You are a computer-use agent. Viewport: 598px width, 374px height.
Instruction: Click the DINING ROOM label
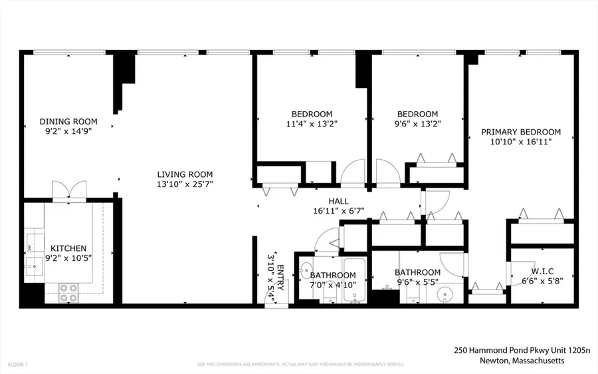(68, 121)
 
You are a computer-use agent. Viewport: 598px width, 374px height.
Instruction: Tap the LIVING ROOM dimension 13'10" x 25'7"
(180, 184)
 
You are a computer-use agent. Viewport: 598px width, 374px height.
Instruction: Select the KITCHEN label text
(68, 248)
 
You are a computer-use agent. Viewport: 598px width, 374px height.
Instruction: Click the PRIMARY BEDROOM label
(521, 132)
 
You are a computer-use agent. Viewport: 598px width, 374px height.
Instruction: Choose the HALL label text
(338, 201)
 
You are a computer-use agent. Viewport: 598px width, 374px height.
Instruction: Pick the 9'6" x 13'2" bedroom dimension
(417, 124)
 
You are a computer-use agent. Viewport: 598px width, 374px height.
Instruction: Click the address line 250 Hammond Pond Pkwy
(509, 349)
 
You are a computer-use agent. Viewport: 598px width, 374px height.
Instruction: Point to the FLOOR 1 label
(18, 364)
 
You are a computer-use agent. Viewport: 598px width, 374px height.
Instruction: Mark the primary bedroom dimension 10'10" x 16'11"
(521, 142)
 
